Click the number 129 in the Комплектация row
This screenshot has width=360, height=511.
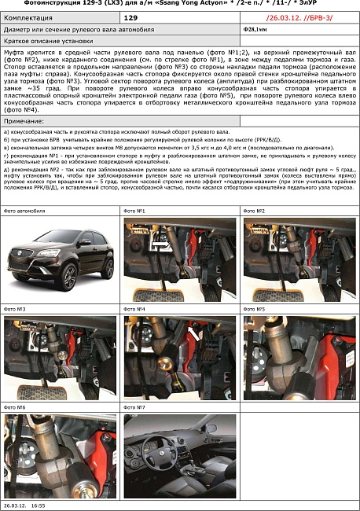[130, 16]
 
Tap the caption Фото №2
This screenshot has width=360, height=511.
[255, 211]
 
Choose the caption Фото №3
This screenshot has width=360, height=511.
[16, 309]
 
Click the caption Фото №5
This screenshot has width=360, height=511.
[255, 309]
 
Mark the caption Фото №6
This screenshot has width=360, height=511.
[16, 407]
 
